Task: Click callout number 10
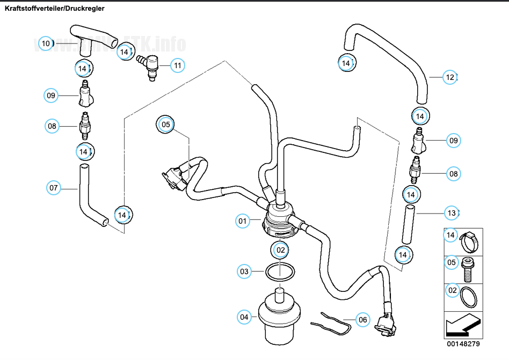point(46,43)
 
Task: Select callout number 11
point(178,65)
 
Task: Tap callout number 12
point(450,77)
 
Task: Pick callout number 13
point(452,214)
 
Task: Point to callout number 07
point(54,188)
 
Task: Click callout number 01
point(243,221)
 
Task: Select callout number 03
point(245,271)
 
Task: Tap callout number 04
point(245,317)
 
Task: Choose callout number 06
point(363,320)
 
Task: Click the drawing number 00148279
point(462,343)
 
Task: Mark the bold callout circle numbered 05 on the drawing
point(166,124)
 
